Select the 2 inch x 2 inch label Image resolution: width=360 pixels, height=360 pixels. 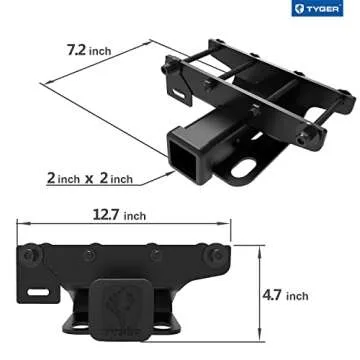tap(91, 179)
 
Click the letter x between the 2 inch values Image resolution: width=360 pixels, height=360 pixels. tap(90, 179)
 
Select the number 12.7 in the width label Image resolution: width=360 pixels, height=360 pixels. tap(106, 214)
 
